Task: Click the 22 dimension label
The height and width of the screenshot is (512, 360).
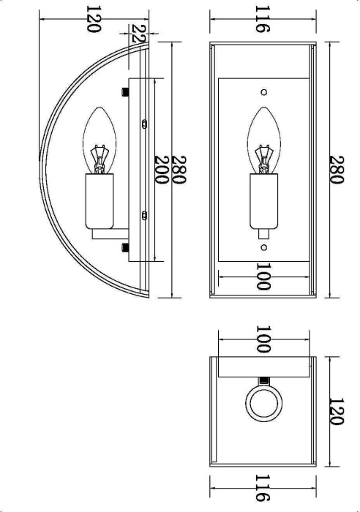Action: point(138,34)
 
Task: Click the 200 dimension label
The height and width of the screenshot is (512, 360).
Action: point(162,170)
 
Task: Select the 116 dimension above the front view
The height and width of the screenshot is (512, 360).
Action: point(263,19)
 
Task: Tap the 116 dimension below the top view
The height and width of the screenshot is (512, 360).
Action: point(263,488)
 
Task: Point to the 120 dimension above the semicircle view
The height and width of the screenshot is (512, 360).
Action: point(93,19)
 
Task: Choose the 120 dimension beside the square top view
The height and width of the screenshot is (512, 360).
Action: point(337,411)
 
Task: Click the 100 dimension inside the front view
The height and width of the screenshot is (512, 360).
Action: point(263,276)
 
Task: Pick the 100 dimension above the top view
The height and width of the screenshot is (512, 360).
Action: point(263,339)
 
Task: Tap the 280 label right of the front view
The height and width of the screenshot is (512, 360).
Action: point(337,170)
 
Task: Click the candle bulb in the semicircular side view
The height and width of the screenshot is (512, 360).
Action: point(100,140)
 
